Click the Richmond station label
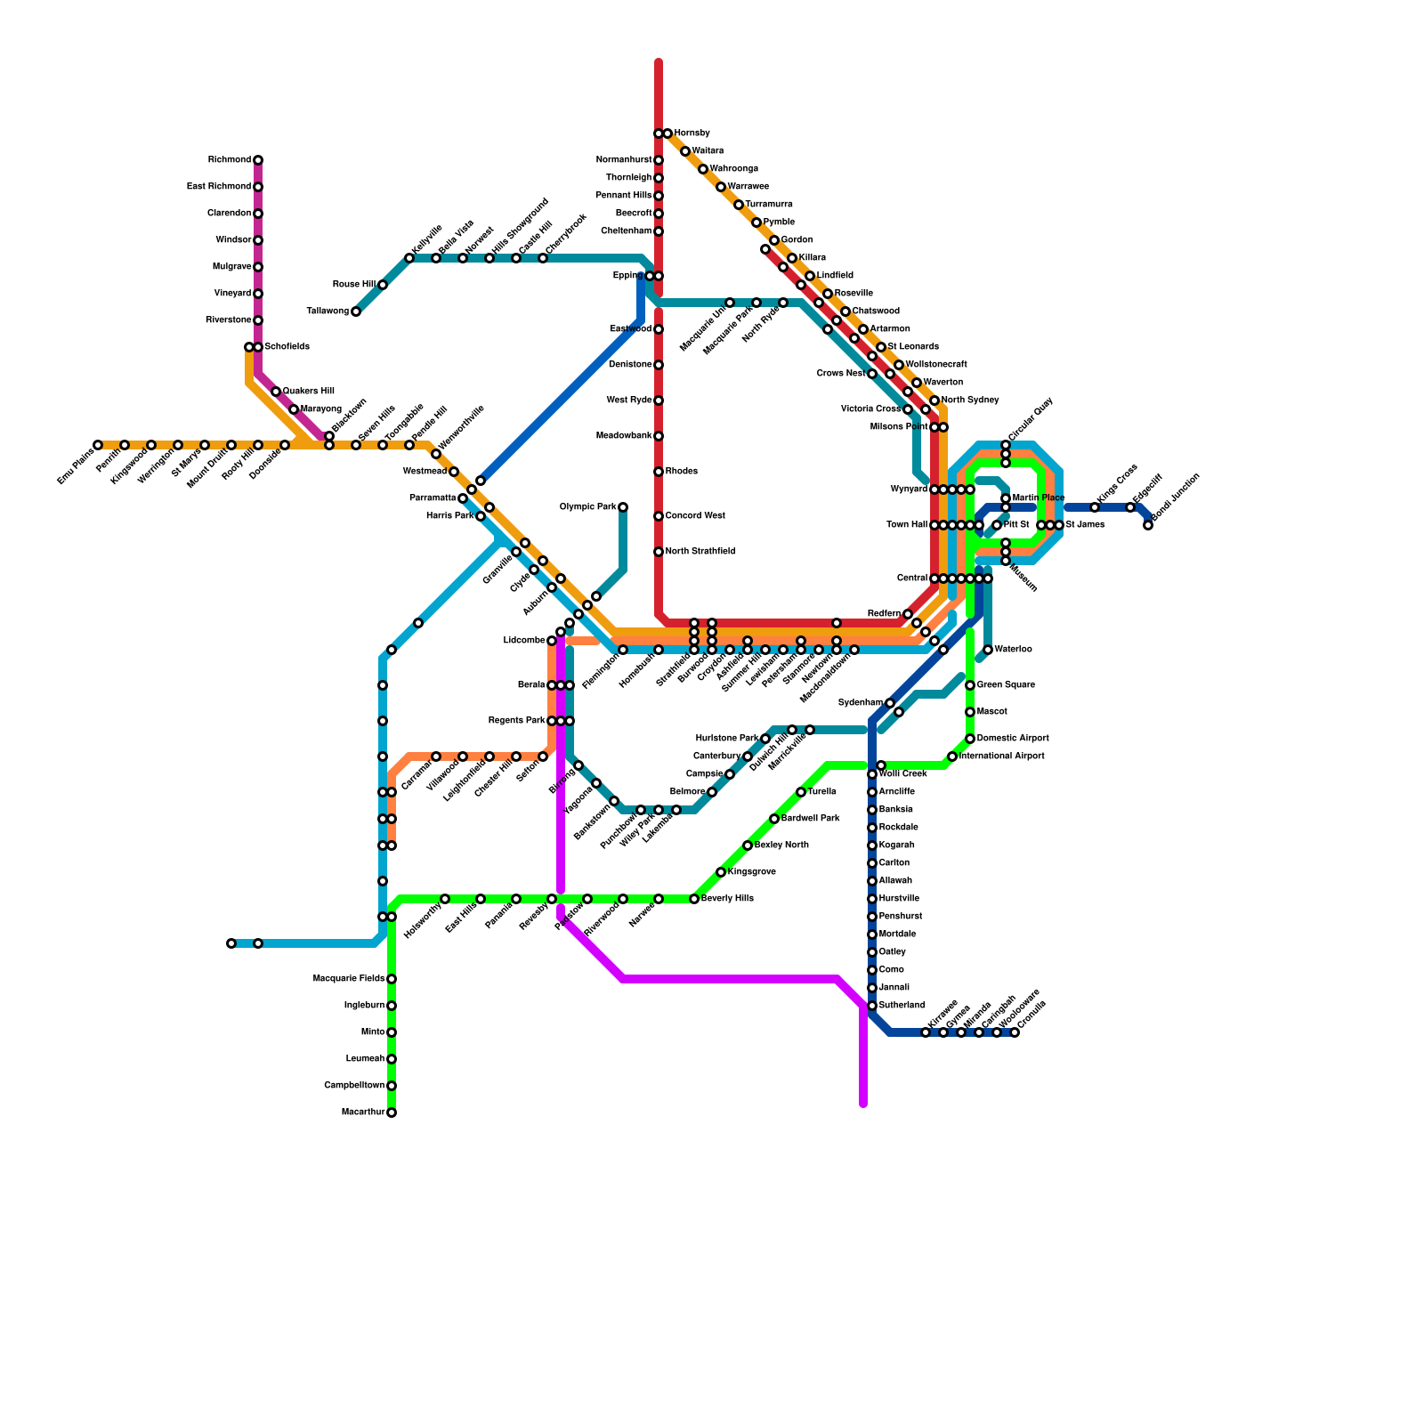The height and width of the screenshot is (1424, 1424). click(230, 160)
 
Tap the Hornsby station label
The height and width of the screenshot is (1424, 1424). click(692, 133)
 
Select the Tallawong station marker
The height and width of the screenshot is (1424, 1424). click(356, 311)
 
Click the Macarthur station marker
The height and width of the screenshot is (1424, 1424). click(392, 1112)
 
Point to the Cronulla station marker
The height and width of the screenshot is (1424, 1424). click(1015, 1032)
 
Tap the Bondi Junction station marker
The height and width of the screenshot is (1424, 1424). click(1148, 525)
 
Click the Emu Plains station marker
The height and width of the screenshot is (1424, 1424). click(98, 445)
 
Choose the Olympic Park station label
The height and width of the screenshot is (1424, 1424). click(587, 507)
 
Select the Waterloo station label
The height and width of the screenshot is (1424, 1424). click(1013, 650)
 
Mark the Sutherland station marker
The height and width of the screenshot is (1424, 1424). click(872, 1006)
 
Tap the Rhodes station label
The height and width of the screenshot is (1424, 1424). click(682, 472)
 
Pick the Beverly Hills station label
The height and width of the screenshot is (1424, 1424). click(727, 899)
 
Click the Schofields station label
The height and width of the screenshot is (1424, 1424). click(287, 347)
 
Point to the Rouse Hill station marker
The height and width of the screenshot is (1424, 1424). click(383, 285)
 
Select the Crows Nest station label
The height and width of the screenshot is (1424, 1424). click(840, 374)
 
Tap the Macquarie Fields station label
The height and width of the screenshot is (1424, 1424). click(349, 979)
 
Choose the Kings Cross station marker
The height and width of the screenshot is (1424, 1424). click(1095, 507)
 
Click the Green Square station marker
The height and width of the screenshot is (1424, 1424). click(970, 685)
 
